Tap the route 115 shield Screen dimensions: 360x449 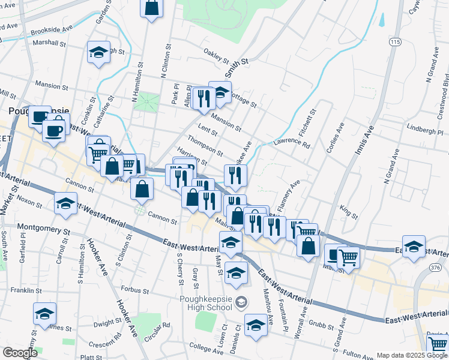394,42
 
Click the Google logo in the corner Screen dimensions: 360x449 20,353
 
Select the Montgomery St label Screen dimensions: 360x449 44,228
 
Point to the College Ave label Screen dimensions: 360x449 206,347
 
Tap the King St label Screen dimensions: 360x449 348,212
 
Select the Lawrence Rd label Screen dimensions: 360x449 292,144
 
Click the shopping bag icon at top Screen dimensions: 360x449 152,8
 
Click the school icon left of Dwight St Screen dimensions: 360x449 44,313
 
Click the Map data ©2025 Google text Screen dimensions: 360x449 411,355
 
